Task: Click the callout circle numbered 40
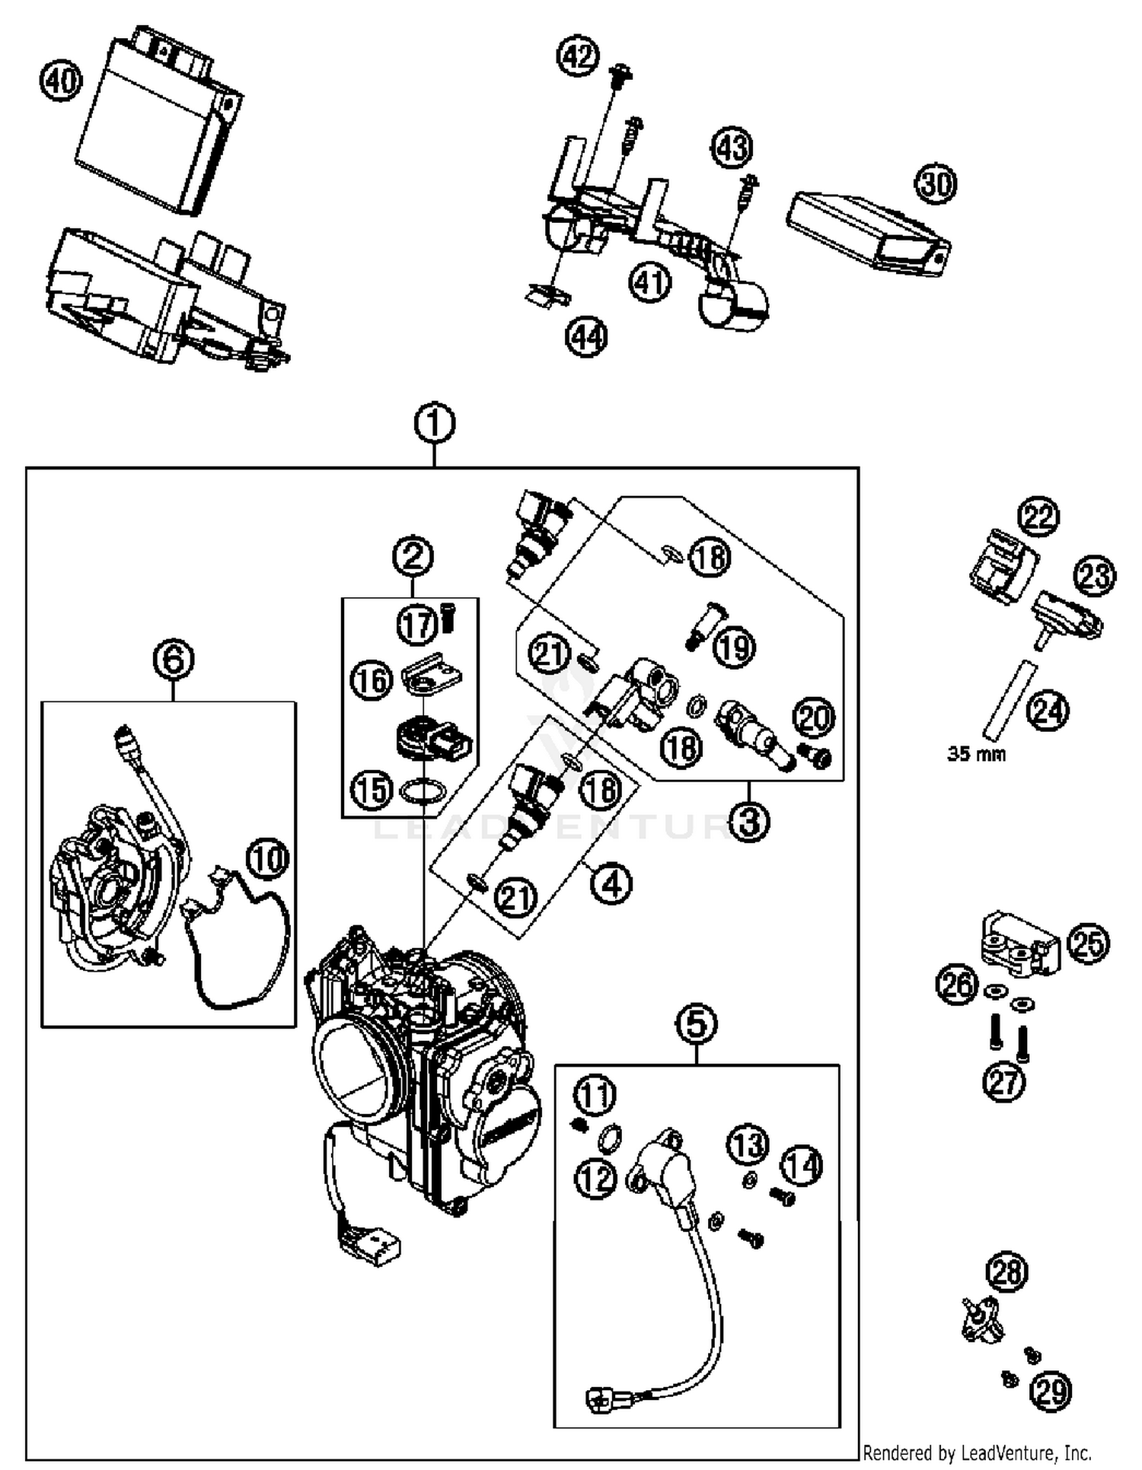tap(60, 80)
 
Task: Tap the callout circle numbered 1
tap(435, 424)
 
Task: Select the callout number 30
tap(936, 183)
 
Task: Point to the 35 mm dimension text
tap(976, 754)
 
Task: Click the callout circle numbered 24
tap(1048, 711)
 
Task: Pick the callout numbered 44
tap(586, 337)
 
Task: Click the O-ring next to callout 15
tap(423, 791)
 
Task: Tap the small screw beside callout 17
tap(448, 617)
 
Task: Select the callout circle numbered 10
tap(268, 859)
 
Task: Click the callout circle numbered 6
tap(174, 659)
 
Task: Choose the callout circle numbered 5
tap(697, 1023)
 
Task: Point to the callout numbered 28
tap(1007, 1271)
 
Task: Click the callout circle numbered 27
tap(1004, 1081)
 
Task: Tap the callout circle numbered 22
tap(1039, 517)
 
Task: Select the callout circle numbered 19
tap(734, 647)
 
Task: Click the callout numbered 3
tap(749, 821)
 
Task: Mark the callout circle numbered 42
tap(578, 57)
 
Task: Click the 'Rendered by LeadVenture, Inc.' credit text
tap(977, 1453)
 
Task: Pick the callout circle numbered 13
tap(748, 1144)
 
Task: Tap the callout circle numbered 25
tap(1088, 944)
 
